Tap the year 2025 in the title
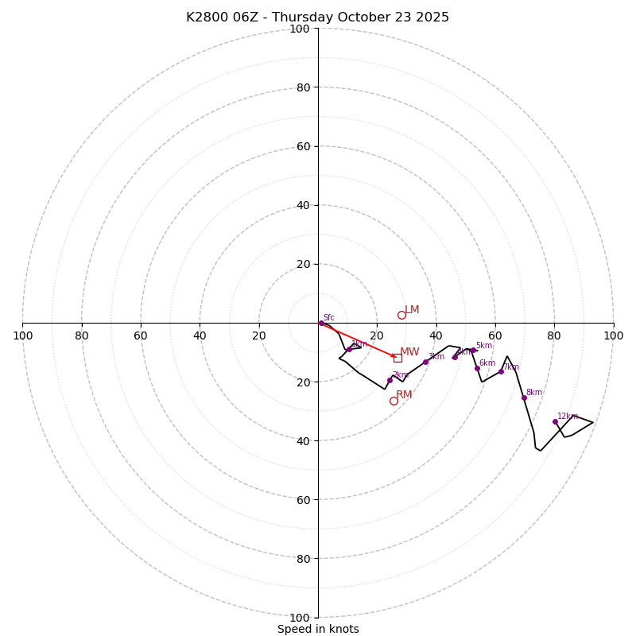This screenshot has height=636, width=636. pyautogui.click(x=432, y=17)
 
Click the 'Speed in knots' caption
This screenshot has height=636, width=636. pyautogui.click(x=318, y=629)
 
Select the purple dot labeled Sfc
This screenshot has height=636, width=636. pyautogui.click(x=321, y=323)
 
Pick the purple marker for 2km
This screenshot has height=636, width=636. pyautogui.click(x=390, y=380)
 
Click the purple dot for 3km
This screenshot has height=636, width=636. pyautogui.click(x=425, y=362)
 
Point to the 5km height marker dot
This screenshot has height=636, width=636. pyautogui.click(x=473, y=350)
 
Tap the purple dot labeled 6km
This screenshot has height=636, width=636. pyautogui.click(x=477, y=368)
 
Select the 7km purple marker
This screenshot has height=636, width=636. pyautogui.click(x=501, y=372)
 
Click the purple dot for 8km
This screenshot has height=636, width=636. pyautogui.click(x=524, y=397)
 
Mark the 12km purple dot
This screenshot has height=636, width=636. pyautogui.click(x=555, y=421)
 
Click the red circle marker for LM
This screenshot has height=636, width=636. pyautogui.click(x=401, y=315)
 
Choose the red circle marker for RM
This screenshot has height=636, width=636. pyautogui.click(x=394, y=401)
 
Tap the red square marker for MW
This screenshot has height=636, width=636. pyautogui.click(x=397, y=358)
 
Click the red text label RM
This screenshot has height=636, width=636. pyautogui.click(x=404, y=395)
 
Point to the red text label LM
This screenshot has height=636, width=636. pyautogui.click(x=412, y=310)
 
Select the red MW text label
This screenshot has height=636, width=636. pyautogui.click(x=409, y=352)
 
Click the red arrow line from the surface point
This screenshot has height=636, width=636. pyautogui.click(x=358, y=339)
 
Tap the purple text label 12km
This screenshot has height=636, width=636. pyautogui.click(x=568, y=416)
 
